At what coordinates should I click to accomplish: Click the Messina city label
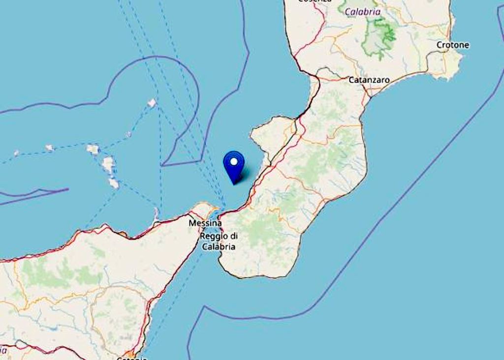(205, 223)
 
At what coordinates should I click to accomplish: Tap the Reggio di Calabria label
(218, 241)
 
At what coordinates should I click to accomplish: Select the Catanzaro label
(369, 79)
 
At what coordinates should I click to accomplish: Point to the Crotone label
(453, 45)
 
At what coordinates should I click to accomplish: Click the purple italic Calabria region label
(363, 11)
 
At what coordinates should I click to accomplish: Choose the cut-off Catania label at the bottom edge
(131, 358)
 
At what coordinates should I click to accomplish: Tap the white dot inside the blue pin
(234, 161)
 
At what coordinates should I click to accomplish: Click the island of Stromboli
(152, 103)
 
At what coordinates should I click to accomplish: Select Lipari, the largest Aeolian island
(108, 164)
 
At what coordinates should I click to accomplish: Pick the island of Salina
(93, 149)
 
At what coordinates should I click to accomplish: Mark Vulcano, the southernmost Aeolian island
(114, 183)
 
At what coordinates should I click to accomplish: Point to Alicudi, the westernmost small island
(16, 153)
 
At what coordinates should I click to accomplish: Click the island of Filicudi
(49, 148)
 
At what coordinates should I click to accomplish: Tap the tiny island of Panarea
(128, 134)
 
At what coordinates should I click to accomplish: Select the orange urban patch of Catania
(129, 354)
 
